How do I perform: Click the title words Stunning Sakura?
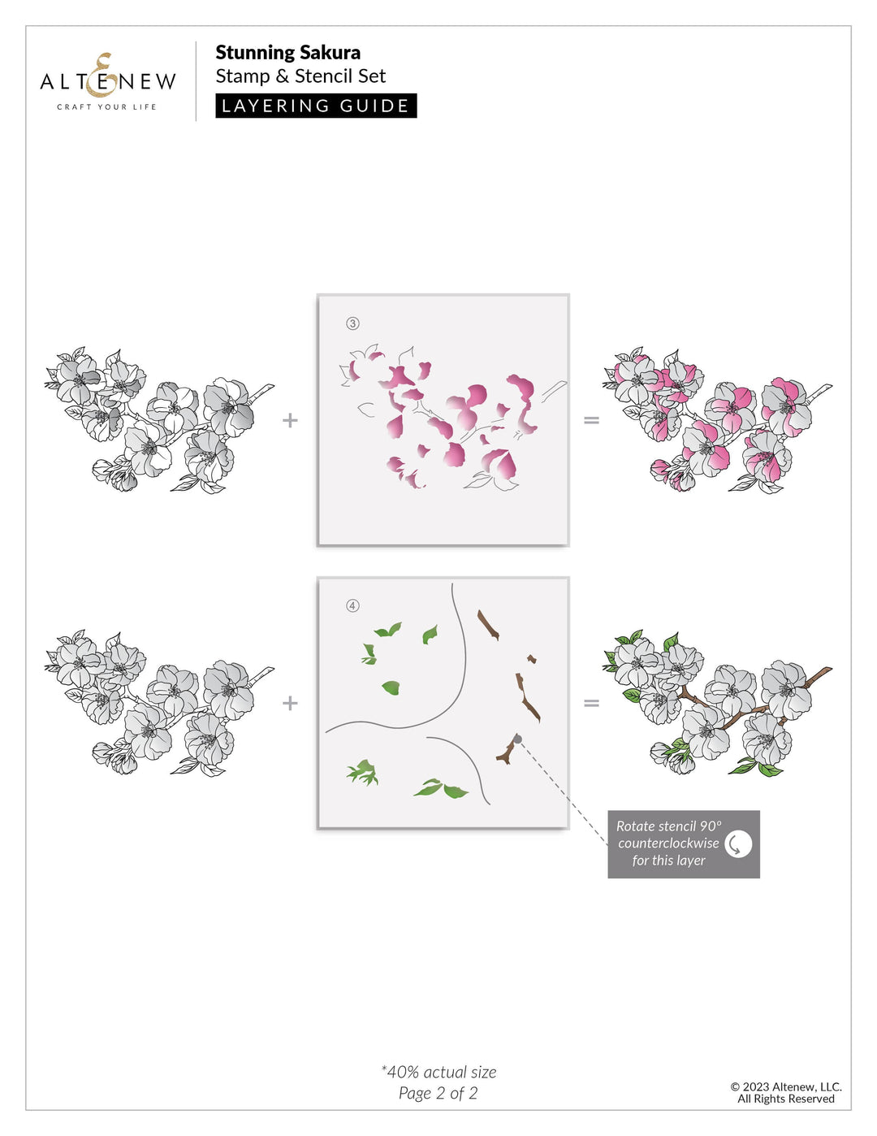point(287,53)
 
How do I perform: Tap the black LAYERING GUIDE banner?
point(316,106)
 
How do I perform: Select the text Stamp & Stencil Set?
point(300,76)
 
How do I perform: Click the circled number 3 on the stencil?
point(352,323)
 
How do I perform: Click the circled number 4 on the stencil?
point(352,605)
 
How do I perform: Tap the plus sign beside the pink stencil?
point(290,420)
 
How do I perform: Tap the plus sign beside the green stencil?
point(290,703)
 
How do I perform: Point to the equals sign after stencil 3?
point(591,420)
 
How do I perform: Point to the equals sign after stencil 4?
point(591,703)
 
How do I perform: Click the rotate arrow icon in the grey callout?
point(737,843)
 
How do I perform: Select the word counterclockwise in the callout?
point(668,843)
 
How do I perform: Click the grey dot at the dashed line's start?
point(517,739)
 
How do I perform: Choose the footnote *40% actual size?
point(438,1072)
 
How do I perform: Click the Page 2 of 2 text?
point(438,1093)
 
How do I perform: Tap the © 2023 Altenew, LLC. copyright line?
point(785,1086)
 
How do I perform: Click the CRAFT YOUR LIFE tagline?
point(106,106)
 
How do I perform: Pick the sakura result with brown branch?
point(717,704)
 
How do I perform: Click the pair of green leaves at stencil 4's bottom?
point(441,788)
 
